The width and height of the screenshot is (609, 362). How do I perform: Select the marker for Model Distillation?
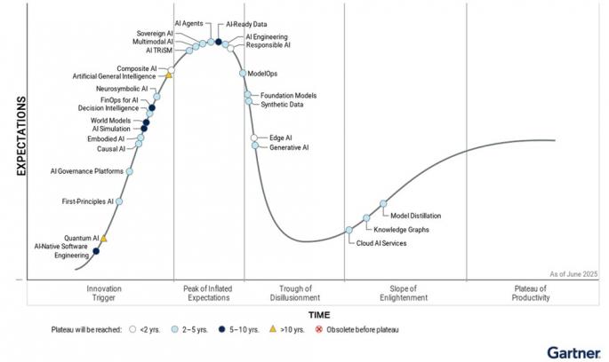click(383, 204)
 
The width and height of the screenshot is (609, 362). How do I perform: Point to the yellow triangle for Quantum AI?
click(104, 239)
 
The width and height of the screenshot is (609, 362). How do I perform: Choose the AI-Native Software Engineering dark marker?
click(96, 251)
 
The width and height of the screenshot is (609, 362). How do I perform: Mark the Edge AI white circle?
click(254, 138)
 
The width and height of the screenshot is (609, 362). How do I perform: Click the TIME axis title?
click(318, 315)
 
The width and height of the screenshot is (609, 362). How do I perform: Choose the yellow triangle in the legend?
click(273, 330)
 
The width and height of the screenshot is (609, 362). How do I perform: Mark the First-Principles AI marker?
click(120, 201)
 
